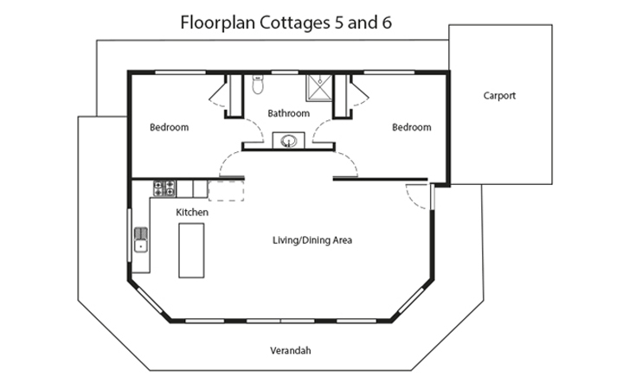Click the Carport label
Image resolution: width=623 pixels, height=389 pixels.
[499, 96]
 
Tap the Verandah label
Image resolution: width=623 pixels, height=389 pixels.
[290, 351]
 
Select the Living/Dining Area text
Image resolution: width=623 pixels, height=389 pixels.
[311, 240]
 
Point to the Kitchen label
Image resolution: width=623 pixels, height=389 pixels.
[191, 212]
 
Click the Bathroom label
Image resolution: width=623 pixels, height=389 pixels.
[287, 113]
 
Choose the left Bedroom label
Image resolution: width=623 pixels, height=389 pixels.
[169, 127]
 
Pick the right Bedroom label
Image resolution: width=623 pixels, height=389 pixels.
[411, 127]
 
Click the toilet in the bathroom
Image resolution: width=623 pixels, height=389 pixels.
[256, 85]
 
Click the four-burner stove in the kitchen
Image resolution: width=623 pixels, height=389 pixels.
[164, 187]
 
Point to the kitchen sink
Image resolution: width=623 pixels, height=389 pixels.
[140, 239]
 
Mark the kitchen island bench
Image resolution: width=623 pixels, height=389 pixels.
[190, 250]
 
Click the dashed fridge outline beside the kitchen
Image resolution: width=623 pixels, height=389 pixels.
[225, 190]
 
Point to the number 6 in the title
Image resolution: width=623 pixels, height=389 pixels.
[386, 22]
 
